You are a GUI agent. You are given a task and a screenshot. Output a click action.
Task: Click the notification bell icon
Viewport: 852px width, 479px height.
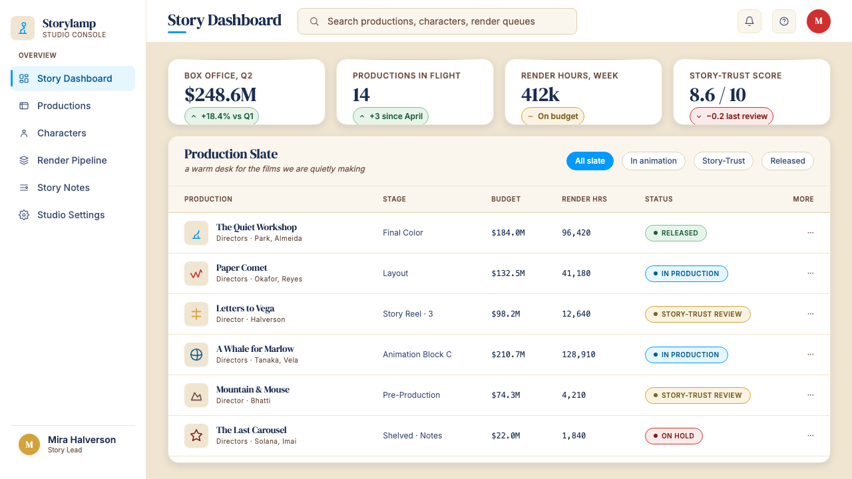(x=749, y=21)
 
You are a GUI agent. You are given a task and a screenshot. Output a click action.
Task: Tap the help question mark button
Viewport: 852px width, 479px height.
(x=784, y=21)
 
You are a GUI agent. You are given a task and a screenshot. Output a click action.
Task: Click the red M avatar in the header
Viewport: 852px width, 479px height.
(x=819, y=21)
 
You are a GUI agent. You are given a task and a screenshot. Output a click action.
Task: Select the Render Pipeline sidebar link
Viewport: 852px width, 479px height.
(x=73, y=160)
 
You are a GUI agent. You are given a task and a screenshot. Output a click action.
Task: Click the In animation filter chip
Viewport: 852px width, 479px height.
(x=654, y=161)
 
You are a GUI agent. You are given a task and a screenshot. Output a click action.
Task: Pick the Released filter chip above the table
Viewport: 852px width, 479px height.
(x=787, y=161)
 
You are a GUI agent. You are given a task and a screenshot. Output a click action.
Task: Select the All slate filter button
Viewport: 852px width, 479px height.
(x=590, y=161)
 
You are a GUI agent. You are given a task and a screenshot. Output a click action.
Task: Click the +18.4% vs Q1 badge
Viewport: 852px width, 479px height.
(x=222, y=116)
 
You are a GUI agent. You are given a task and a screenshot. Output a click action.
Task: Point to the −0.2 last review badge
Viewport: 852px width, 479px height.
(x=732, y=116)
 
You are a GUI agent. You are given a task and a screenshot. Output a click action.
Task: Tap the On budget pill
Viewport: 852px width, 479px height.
(x=552, y=116)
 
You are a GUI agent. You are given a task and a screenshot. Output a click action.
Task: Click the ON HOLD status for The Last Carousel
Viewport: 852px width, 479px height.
(x=674, y=436)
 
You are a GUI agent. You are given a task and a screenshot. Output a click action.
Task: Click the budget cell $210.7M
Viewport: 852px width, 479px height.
(x=508, y=355)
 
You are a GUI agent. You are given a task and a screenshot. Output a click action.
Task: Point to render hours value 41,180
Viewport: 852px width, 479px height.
(x=576, y=273)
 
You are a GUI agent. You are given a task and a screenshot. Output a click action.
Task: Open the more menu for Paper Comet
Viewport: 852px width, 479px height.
(x=811, y=273)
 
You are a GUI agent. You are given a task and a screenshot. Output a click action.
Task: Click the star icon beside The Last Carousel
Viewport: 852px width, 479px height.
(x=196, y=436)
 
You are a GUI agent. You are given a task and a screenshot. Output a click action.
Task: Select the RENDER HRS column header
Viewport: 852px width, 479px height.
(x=584, y=199)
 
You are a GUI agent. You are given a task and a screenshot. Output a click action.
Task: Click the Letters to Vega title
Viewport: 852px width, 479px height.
(x=245, y=308)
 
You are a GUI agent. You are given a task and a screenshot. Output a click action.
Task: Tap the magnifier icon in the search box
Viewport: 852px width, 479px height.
(x=314, y=21)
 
